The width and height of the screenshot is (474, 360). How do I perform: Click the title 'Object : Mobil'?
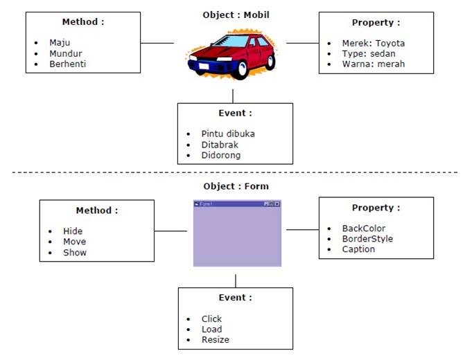[x=235, y=15]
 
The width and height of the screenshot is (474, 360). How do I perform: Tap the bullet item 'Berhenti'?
[x=67, y=64]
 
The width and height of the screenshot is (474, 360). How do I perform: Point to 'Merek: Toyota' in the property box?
[x=373, y=43]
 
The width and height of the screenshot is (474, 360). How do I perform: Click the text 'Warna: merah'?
[x=373, y=64]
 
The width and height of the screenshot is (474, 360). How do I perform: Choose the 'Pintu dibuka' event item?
[x=228, y=134]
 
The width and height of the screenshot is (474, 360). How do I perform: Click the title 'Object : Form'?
[x=236, y=186]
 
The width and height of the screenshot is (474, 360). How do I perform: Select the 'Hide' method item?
[x=73, y=231]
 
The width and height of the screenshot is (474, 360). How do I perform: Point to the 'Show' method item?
[x=75, y=253]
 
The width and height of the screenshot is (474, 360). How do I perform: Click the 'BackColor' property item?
[x=364, y=228]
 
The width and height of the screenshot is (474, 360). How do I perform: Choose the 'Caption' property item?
[x=358, y=249]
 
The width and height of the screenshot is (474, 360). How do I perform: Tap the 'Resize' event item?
[x=215, y=340]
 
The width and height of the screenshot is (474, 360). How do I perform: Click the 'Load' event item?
[x=211, y=330]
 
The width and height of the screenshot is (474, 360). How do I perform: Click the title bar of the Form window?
[x=229, y=204]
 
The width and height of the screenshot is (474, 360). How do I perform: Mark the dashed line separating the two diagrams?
[x=236, y=172]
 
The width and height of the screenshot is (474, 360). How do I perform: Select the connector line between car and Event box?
[x=233, y=96]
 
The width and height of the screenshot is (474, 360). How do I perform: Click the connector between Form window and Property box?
[x=302, y=230]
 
